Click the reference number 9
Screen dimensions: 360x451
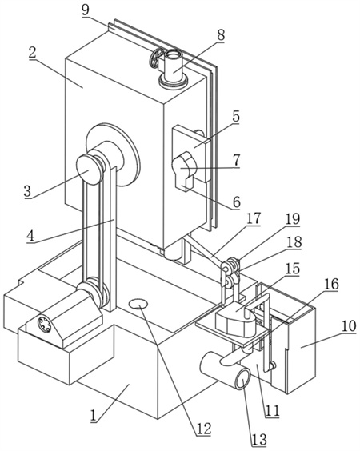[x=85, y=10]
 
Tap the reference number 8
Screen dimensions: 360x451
[x=221, y=35]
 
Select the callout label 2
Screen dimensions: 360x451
[x=32, y=52]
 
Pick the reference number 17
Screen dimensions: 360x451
[x=254, y=218]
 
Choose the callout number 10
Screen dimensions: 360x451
[x=349, y=326]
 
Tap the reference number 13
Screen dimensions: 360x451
[x=259, y=439]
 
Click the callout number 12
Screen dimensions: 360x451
[x=204, y=429]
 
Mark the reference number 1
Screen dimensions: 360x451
[x=93, y=416]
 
